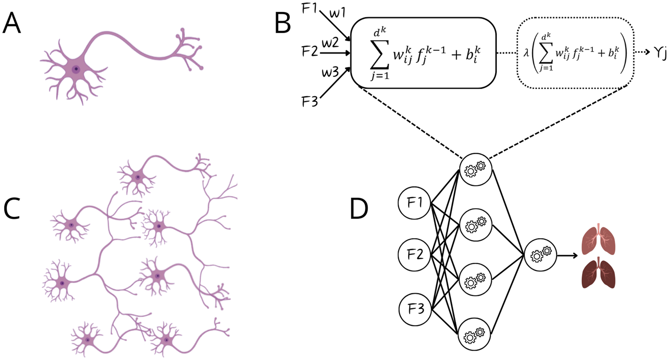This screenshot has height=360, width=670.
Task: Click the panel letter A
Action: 12,24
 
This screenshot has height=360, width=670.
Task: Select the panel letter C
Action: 12,209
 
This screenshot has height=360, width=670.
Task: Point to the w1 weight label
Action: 337,13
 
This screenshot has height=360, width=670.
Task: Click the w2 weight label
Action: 330,43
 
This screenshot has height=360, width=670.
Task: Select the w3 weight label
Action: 330,73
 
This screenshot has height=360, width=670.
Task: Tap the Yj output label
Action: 660,53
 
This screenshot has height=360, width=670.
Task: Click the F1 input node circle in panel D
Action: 415,202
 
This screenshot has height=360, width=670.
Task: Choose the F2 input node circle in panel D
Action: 415,255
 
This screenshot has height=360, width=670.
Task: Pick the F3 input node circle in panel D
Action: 415,310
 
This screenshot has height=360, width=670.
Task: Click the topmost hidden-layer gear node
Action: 475,169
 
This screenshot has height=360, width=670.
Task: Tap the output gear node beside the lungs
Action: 540,255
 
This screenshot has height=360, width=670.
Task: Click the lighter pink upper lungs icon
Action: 598,239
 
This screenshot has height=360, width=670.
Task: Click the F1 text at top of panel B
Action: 309,9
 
